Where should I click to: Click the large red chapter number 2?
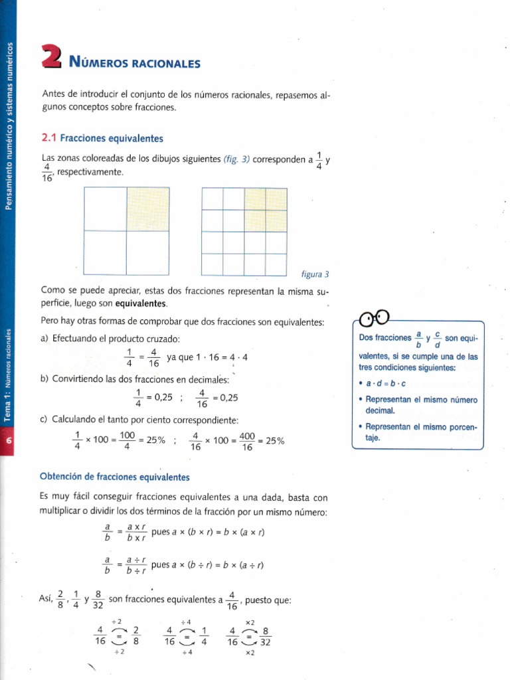[x=50, y=56]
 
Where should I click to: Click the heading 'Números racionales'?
[x=134, y=64]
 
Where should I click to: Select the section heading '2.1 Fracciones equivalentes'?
[x=102, y=138]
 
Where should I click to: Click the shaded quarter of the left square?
[x=147, y=209]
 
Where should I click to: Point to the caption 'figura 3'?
[x=315, y=274]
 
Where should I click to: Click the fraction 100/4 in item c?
[x=126, y=440]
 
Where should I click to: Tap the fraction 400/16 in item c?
[x=247, y=440]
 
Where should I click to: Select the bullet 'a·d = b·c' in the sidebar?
[x=386, y=384]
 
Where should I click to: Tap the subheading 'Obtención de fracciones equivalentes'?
[x=115, y=477]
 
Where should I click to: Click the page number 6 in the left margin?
[x=8, y=441]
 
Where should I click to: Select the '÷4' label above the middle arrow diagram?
[x=187, y=622]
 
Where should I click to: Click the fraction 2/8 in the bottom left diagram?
[x=135, y=636]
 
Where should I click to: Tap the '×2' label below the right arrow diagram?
[x=250, y=653]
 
